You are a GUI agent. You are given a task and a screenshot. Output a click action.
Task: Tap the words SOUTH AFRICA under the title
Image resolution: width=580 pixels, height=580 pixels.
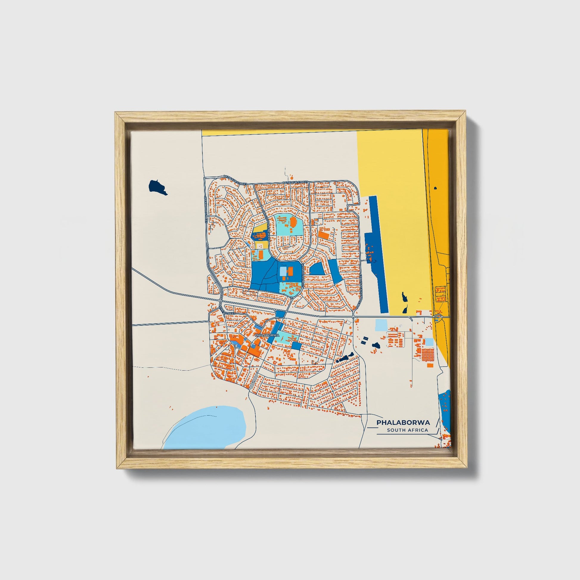(407, 430)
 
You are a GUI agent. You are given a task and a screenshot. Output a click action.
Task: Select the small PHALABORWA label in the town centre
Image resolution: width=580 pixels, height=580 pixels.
(267, 335)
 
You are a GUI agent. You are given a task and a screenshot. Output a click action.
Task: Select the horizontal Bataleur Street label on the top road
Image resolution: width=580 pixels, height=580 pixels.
(296, 182)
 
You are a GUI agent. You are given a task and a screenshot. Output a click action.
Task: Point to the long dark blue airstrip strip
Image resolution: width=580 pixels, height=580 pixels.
(376, 255)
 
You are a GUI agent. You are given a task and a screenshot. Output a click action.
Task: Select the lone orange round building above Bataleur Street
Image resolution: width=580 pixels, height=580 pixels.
(291, 178)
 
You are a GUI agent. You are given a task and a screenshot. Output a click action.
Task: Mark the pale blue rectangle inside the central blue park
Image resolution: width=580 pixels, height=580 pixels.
(283, 272)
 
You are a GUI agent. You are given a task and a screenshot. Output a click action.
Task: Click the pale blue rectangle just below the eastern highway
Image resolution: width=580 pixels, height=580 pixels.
(381, 325)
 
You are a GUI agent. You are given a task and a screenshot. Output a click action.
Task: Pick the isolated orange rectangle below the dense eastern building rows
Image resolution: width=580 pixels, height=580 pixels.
(430, 365)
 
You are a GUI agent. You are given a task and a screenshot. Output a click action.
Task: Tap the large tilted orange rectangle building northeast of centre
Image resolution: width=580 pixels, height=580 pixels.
(323, 235)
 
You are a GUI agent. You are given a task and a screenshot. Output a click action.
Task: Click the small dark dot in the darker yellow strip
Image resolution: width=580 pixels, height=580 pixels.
(435, 188)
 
